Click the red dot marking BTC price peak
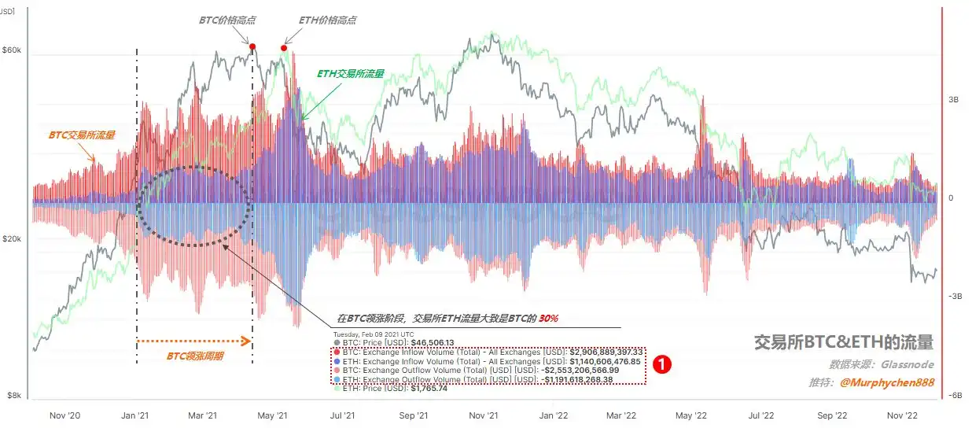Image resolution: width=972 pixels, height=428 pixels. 252,47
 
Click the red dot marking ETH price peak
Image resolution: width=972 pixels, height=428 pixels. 284,49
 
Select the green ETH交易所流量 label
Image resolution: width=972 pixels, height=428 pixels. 350,73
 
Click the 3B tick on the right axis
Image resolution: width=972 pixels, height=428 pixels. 953,100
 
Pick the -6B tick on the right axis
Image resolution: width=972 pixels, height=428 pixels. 955,396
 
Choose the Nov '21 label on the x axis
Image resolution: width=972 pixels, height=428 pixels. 484,415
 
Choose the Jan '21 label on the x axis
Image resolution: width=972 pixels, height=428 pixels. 137,415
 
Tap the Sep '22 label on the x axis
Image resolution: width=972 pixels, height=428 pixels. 831,415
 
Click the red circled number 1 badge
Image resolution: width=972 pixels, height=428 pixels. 663,363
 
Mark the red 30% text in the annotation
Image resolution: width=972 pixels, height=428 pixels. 549,319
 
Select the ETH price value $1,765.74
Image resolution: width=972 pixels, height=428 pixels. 429,389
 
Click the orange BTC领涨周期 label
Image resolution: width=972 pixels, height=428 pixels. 195,356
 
